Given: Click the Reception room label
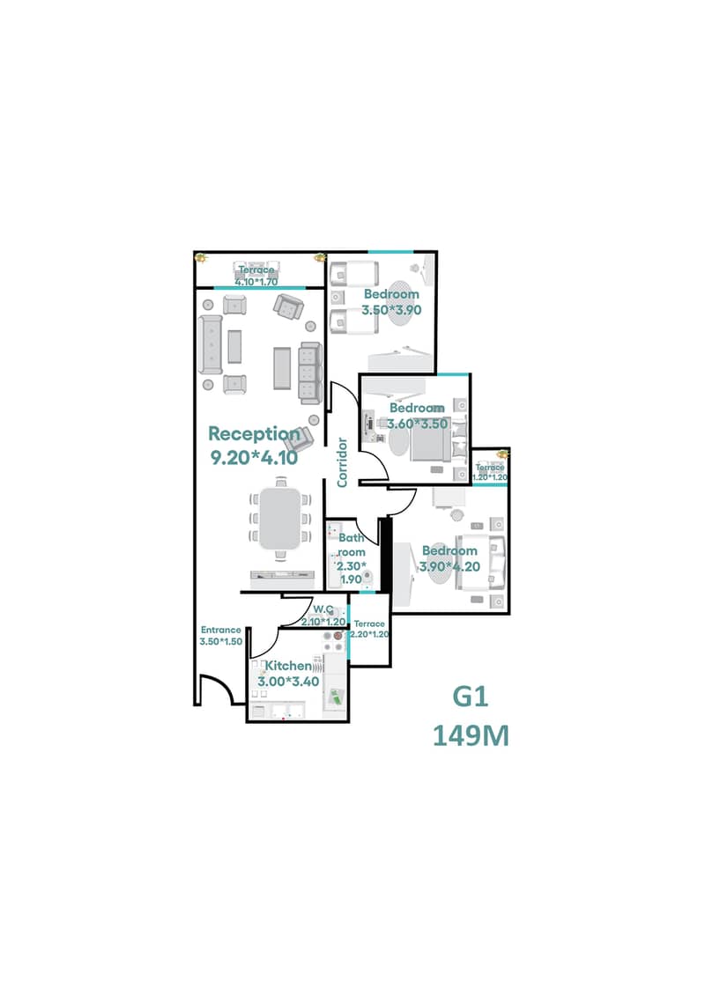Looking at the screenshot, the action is click(255, 434).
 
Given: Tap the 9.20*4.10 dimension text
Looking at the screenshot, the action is click(255, 457).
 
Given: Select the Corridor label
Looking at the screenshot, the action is click(342, 462).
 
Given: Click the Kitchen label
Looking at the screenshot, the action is click(288, 666).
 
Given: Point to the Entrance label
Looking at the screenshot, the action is click(221, 630).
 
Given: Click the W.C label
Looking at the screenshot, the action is click(323, 609).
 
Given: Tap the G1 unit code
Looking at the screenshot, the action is click(471, 697).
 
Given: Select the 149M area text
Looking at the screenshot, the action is click(471, 736).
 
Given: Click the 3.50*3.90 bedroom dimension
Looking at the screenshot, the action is click(391, 310).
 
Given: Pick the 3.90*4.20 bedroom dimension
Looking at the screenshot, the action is click(450, 566).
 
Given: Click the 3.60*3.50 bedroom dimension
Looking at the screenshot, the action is click(418, 424).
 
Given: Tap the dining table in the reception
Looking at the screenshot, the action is click(279, 519).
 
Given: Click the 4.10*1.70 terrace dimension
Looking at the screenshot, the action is click(256, 282).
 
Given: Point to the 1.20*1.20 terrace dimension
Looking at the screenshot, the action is click(490, 477).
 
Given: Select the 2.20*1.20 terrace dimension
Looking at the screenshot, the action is click(369, 634).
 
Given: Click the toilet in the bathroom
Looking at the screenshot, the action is click(367, 578).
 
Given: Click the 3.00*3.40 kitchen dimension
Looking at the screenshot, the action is click(289, 682).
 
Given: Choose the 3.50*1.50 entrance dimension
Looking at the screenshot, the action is click(221, 642).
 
